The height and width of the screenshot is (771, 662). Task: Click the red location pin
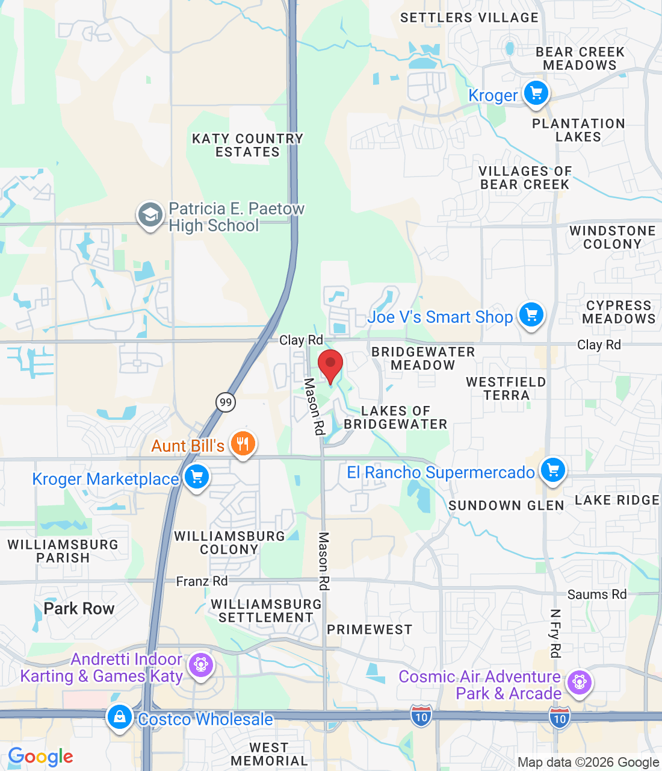pyautogui.click(x=330, y=364)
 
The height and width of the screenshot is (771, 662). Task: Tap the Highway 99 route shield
pyautogui.click(x=226, y=402)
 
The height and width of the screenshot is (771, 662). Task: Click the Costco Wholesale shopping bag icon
pyautogui.click(x=120, y=717)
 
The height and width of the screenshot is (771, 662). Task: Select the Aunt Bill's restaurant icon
pyautogui.click(x=243, y=445)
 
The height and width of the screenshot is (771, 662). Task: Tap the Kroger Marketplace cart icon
pyautogui.click(x=196, y=478)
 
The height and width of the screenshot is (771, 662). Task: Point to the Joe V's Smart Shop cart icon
pyautogui.click(x=531, y=315)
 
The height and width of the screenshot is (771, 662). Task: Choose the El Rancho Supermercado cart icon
pyautogui.click(x=552, y=470)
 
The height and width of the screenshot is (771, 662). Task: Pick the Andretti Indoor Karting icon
pyautogui.click(x=200, y=666)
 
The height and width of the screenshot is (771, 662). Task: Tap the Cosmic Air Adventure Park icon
pyautogui.click(x=579, y=682)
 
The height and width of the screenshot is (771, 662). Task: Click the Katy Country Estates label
pyautogui.click(x=247, y=145)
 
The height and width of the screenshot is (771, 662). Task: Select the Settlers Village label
pyautogui.click(x=469, y=18)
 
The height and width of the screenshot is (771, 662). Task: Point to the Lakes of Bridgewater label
pyautogui.click(x=395, y=417)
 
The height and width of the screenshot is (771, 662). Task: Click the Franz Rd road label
pyautogui.click(x=202, y=581)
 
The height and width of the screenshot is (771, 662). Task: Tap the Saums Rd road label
pyautogui.click(x=597, y=595)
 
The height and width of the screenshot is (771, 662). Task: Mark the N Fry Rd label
pyautogui.click(x=555, y=633)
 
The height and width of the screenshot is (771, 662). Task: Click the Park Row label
pyautogui.click(x=79, y=608)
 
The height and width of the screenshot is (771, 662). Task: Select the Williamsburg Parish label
pyautogui.click(x=63, y=551)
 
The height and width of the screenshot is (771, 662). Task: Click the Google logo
pyautogui.click(x=40, y=757)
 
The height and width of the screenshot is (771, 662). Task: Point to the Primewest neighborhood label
pyautogui.click(x=370, y=629)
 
